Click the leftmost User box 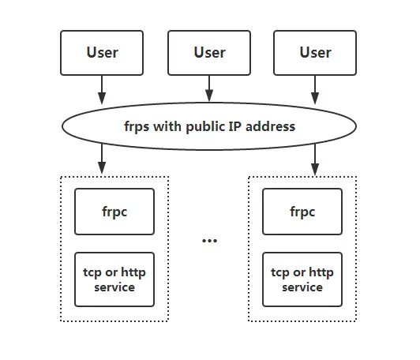(x=102, y=53)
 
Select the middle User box (x=209, y=53)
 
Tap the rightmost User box (x=315, y=53)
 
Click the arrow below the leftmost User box (x=102, y=90)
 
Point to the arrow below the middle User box (x=209, y=88)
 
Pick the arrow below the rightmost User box (x=315, y=90)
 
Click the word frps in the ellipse (x=137, y=126)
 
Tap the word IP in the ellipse (x=235, y=126)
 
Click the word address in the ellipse (x=270, y=126)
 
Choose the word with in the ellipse (x=167, y=126)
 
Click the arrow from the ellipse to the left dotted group (x=102, y=159)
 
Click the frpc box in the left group (x=114, y=212)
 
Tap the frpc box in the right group (x=302, y=212)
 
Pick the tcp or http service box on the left (x=114, y=279)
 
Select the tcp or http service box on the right (x=302, y=279)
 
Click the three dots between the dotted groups (x=209, y=241)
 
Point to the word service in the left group (x=114, y=287)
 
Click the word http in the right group (x=321, y=272)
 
